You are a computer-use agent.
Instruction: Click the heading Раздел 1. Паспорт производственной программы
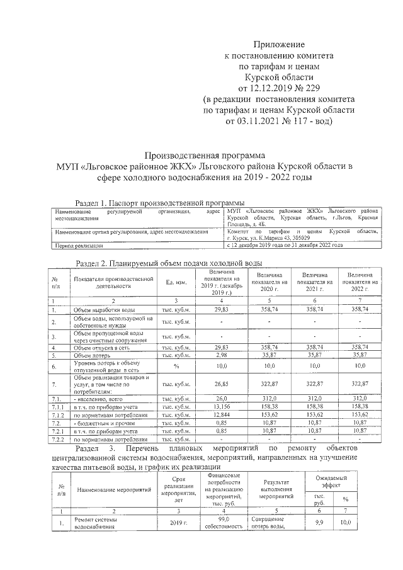[x=159, y=203]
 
